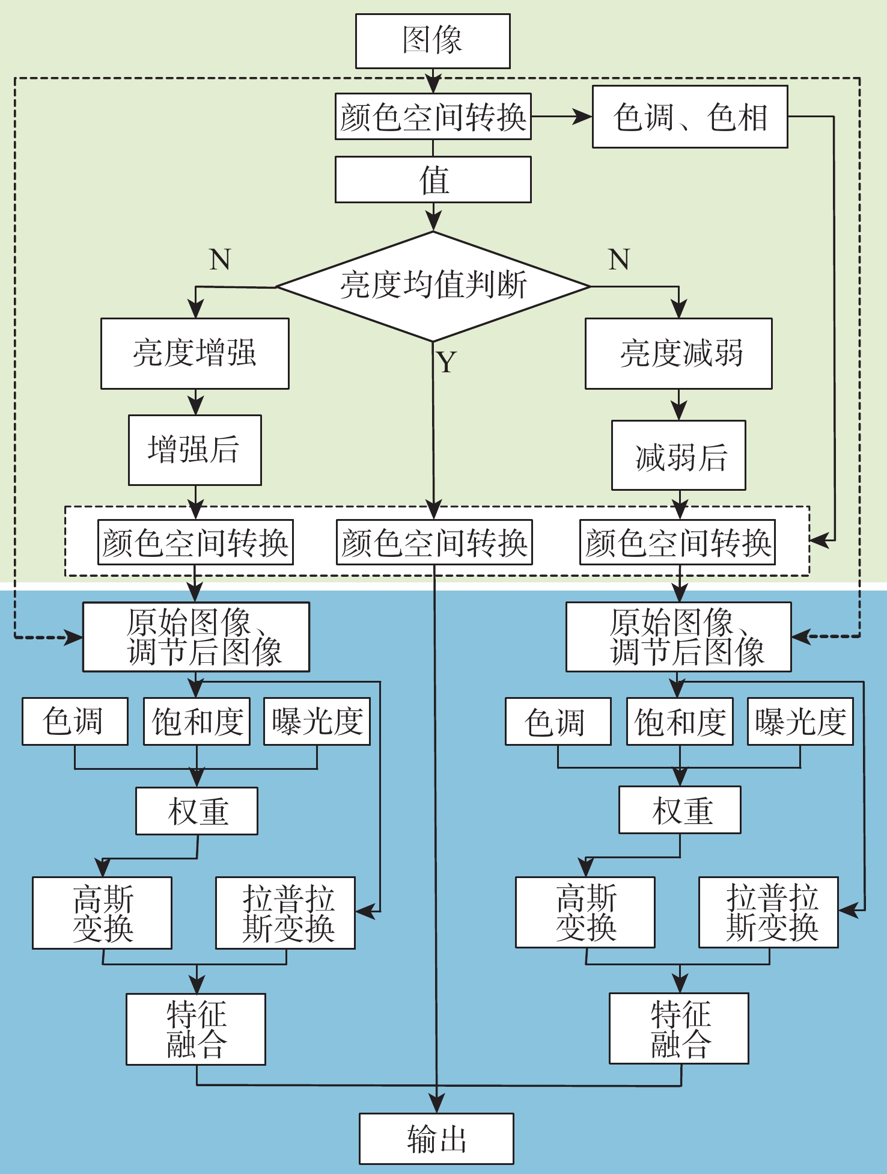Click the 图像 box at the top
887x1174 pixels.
coord(433,41)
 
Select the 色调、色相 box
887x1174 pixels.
coord(690,117)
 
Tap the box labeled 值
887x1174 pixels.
coord(433,180)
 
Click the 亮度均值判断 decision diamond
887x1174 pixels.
coord(433,286)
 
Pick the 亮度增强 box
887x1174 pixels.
coord(195,354)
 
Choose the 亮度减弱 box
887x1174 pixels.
coord(678,354)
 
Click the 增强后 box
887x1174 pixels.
coord(195,450)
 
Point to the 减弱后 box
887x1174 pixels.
coord(678,455)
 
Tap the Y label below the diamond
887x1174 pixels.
coord(447,363)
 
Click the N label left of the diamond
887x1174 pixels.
coord(220,260)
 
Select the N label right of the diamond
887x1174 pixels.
coord(619,260)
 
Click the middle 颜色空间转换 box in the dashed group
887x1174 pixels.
coord(434,542)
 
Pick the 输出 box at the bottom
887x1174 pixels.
coord(436,1139)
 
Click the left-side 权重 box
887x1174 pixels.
coord(197,811)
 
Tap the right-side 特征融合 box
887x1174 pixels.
coord(679,1028)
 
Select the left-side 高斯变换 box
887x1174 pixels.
coord(102,912)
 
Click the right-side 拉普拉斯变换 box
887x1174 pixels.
coord(768,912)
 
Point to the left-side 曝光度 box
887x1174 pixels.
coord(317,721)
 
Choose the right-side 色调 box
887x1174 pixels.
coord(558,721)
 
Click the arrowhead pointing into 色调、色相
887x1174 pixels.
coord(583,117)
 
